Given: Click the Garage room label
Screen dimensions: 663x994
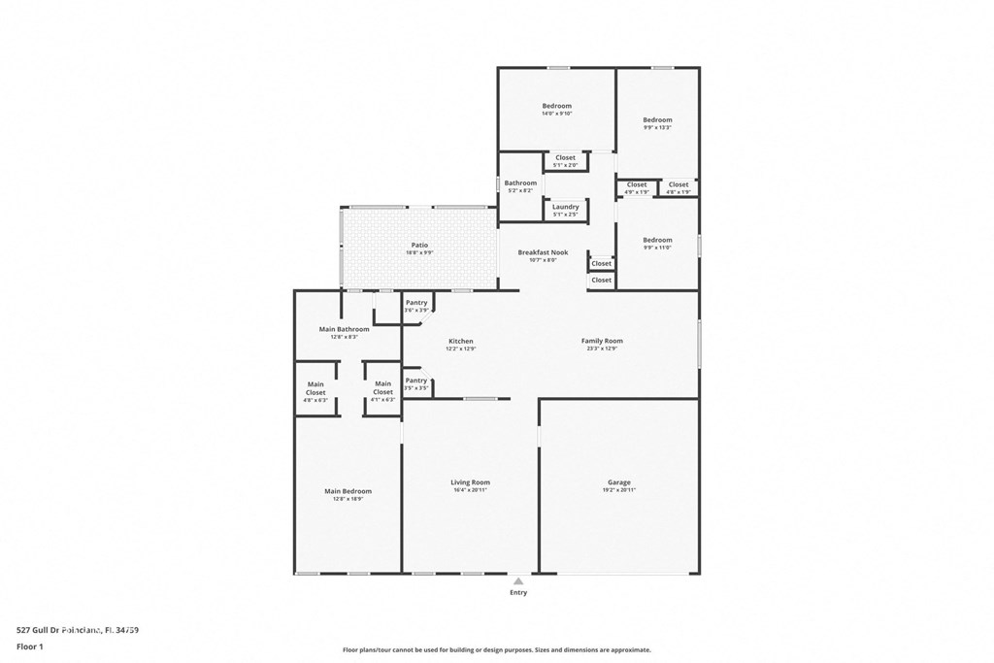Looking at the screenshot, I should (619, 482).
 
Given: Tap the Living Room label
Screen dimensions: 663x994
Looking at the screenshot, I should (470, 482).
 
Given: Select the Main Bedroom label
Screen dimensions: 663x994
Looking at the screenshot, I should (348, 491).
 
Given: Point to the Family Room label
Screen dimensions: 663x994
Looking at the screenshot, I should (602, 341).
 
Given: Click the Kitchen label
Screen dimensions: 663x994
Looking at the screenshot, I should (461, 341).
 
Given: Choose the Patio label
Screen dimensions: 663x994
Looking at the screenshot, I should (419, 246).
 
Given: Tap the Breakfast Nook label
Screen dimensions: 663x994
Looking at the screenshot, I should (543, 252).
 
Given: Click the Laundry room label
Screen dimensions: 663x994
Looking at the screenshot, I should (565, 207).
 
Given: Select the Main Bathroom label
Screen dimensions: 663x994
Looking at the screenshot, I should (345, 329).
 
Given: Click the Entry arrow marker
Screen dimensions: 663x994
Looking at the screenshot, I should (519, 580).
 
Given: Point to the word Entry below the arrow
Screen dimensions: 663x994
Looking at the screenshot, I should (519, 592).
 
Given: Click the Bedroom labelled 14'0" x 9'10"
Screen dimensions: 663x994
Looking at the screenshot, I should (557, 106).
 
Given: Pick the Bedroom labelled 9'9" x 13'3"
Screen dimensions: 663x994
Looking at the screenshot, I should (657, 120).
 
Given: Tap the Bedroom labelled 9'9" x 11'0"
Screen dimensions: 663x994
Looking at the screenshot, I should (657, 240).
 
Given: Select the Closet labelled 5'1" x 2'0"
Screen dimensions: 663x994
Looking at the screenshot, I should (565, 157).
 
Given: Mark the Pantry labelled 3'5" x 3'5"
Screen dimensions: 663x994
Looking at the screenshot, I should (416, 381).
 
